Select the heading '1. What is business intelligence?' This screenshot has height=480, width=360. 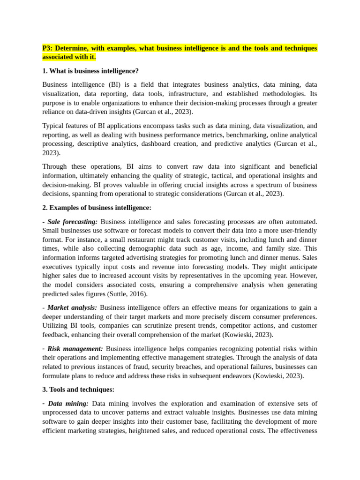(90, 71)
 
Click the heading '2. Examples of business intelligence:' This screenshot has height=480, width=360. (97, 208)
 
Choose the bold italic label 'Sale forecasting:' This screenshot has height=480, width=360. (73, 222)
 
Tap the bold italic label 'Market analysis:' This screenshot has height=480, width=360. (72, 308)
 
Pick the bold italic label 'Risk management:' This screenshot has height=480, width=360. (75, 349)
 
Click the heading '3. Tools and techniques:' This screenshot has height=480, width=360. (78, 390)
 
